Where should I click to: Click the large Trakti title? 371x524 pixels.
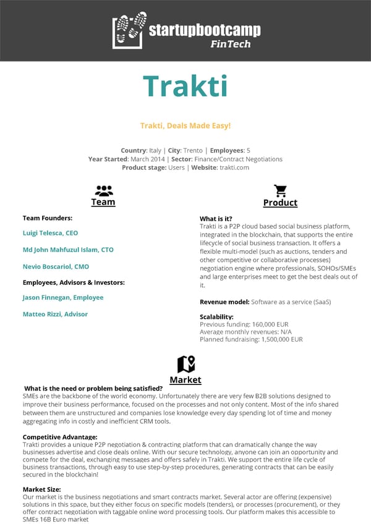tap(185, 87)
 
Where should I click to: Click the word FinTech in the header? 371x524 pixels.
tap(230, 44)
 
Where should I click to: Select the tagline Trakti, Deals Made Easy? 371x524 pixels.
tap(185, 126)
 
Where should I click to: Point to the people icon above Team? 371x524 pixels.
tap(103, 190)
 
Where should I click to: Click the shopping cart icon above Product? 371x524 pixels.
tap(280, 190)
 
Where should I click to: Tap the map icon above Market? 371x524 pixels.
tap(185, 365)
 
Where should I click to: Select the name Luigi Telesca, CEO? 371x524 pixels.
tap(50, 234)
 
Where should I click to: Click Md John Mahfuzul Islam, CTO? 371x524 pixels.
tap(68, 250)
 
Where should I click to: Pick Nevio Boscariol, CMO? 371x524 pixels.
tap(56, 267)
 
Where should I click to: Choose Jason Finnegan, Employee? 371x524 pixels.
tap(63, 298)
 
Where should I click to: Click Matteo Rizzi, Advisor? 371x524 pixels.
tap(55, 315)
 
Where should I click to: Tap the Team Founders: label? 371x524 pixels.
tap(48, 218)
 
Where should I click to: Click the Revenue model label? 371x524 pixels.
tap(224, 302)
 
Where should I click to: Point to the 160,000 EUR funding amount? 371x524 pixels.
tap(265, 324)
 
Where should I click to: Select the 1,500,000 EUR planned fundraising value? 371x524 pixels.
tap(279, 339)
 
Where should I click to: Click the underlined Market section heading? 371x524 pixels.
tap(185, 380)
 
